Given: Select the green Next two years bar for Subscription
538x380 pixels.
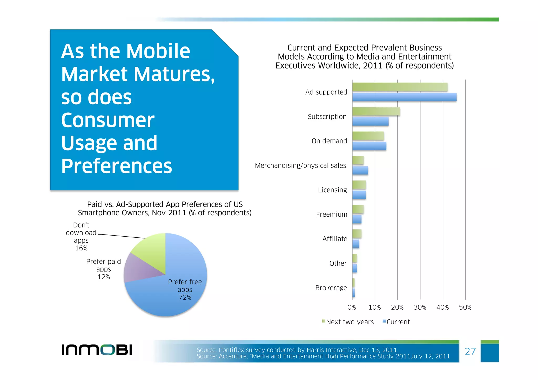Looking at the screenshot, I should [x=376, y=112].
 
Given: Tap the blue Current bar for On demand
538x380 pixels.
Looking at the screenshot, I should [x=369, y=146].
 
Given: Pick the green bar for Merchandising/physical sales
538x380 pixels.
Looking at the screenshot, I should [x=358, y=160].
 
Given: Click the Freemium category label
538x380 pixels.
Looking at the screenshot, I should [x=332, y=215].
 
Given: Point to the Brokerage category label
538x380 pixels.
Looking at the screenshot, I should [x=331, y=288].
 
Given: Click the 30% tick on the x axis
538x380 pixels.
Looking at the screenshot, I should [x=420, y=308].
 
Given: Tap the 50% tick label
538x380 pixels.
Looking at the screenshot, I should [x=465, y=308].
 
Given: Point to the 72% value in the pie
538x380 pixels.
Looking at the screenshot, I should [x=185, y=298].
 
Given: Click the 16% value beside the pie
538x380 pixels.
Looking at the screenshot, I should [x=81, y=248].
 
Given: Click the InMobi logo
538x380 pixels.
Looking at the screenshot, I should [x=97, y=350].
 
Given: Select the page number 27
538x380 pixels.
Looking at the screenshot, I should [x=470, y=351].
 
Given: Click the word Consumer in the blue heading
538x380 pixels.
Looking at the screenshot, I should [x=108, y=120].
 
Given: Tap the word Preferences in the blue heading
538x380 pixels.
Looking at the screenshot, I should [x=116, y=166].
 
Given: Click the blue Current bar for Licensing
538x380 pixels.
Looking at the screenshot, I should [x=359, y=195].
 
